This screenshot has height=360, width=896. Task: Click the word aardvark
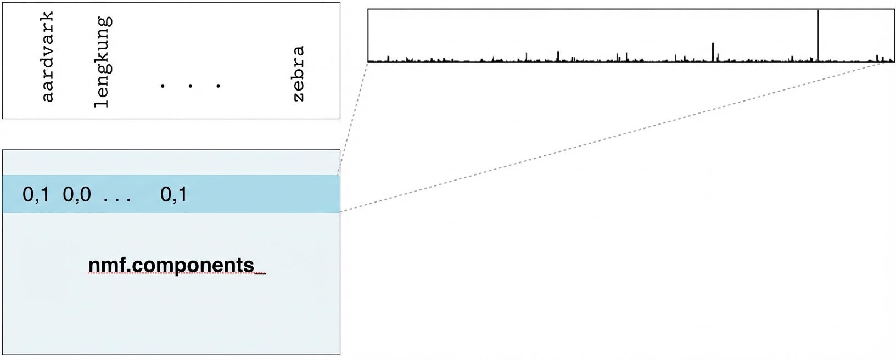48,57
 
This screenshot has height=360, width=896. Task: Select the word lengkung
103,61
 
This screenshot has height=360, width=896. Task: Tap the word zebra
298,74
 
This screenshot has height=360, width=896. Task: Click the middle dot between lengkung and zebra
190,86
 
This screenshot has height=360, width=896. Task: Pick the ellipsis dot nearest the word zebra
218,86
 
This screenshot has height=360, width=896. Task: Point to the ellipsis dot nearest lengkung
163,86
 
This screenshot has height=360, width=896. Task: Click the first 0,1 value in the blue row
36,194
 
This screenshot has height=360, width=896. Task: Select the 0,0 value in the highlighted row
77,194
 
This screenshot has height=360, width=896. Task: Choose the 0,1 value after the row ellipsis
173,194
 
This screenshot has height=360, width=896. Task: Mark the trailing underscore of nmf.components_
261,272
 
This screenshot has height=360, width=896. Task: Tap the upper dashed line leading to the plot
352,119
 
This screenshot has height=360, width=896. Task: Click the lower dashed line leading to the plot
604,137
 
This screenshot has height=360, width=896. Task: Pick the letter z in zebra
298,97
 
